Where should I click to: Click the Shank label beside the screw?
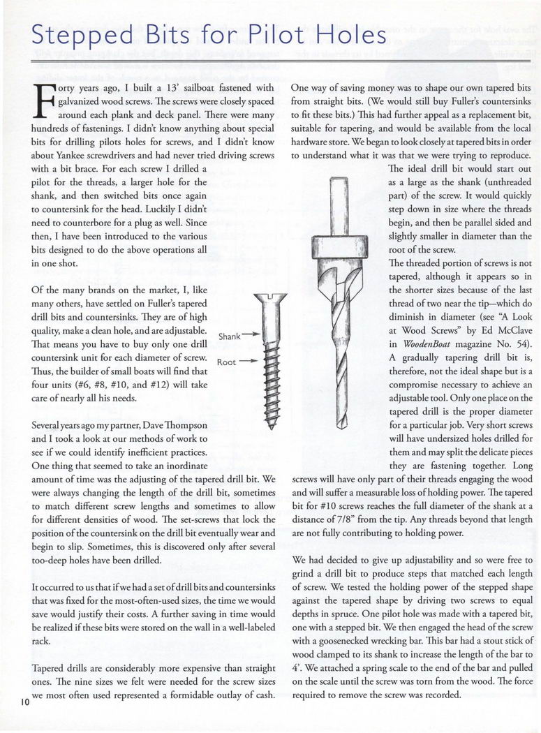click(230, 336)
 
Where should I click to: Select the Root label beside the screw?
click(227, 362)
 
